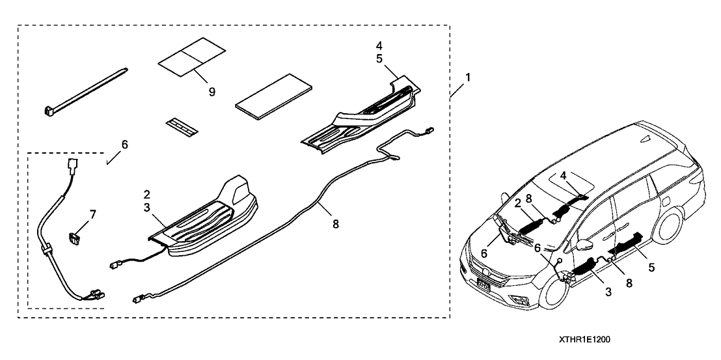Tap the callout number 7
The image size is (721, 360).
pyautogui.click(x=92, y=214)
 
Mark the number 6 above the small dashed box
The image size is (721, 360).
pyautogui.click(x=125, y=144)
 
